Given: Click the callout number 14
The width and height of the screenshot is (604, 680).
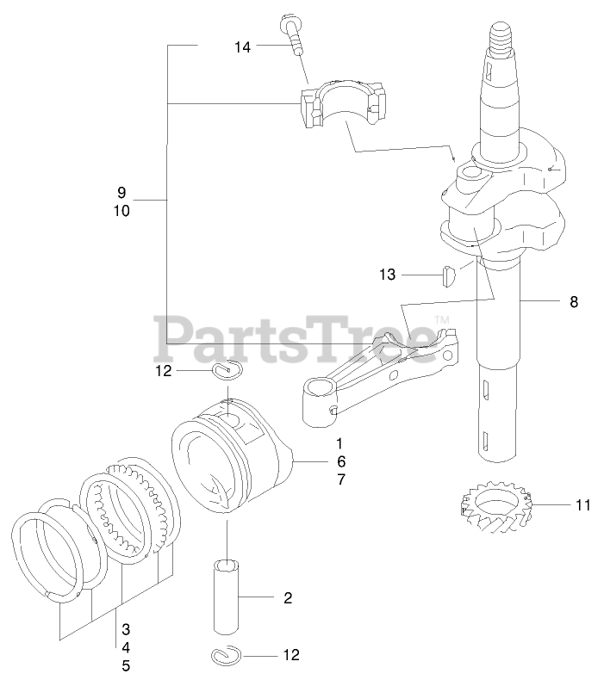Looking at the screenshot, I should [x=242, y=47].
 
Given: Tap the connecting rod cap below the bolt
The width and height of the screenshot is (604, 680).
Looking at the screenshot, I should [x=342, y=104].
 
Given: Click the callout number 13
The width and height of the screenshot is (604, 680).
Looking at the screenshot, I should [x=387, y=275].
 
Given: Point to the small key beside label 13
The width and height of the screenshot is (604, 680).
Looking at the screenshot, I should [x=447, y=275].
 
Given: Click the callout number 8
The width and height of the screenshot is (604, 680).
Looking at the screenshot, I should [x=573, y=301].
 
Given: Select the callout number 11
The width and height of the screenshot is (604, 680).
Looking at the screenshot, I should [x=583, y=504].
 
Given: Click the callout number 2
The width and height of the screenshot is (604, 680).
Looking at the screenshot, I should [x=287, y=597].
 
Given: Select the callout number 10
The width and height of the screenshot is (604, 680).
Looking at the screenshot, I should [x=121, y=209].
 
